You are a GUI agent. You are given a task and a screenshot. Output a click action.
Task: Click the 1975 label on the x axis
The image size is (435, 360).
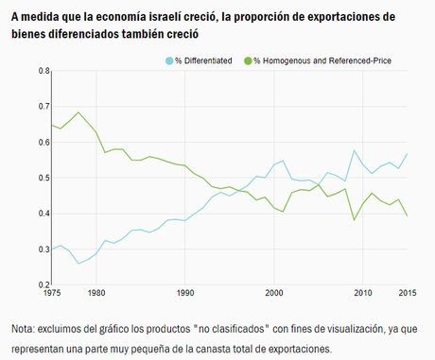[x=53, y=293]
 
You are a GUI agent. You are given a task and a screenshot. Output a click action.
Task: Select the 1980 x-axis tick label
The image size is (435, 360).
[x=96, y=293]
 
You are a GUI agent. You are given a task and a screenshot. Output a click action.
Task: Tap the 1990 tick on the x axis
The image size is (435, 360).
[x=184, y=293]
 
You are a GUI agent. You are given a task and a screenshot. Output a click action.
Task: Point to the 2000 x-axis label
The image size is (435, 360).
[x=273, y=293]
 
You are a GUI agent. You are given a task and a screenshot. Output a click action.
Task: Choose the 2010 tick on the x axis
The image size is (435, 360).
[x=362, y=293]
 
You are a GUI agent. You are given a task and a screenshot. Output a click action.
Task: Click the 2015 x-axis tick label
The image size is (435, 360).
[x=406, y=293]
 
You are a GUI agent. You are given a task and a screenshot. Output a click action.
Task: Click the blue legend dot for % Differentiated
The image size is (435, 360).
[x=169, y=60]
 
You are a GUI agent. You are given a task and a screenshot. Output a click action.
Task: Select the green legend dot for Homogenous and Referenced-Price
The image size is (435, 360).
[x=249, y=60]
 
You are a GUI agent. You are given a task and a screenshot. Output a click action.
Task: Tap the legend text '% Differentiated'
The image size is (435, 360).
[x=204, y=60]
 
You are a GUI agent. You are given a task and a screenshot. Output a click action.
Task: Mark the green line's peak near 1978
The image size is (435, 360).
[x=78, y=112]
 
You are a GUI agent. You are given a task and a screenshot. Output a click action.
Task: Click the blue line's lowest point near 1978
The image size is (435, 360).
[x=78, y=263]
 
